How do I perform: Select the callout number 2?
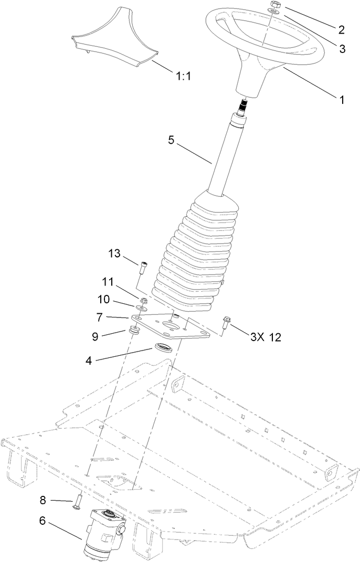tap(341, 30)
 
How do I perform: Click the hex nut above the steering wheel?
tap(274, 5)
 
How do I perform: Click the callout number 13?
tap(114, 254)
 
